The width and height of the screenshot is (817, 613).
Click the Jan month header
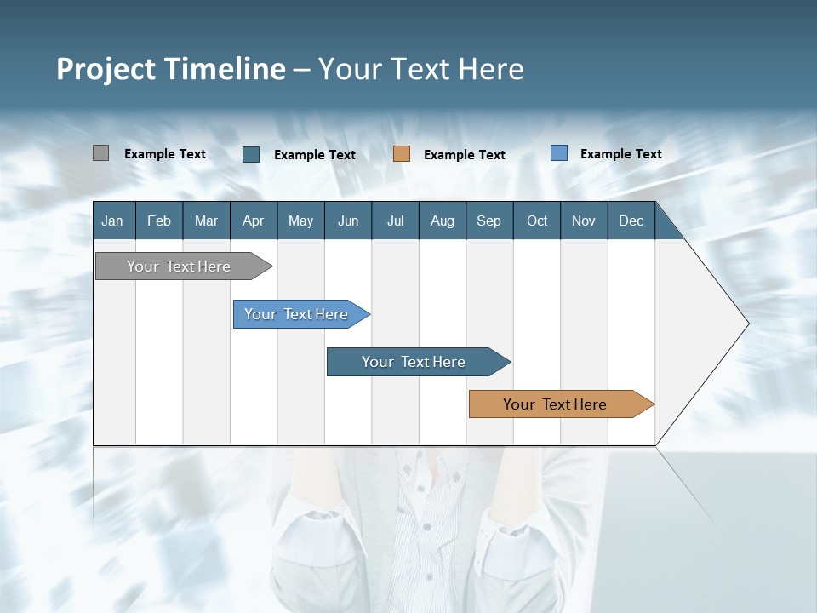pos(112,221)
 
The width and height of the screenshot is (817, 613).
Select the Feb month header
pos(159,221)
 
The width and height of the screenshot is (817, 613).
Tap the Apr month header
pos(254,221)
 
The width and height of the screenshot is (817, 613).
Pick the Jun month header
pos(348,221)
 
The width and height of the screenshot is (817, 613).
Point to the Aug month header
pos(443,221)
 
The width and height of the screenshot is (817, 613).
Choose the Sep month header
pos(489,221)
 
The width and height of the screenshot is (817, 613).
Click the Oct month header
pos(537,221)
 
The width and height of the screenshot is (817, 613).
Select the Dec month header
pos(631,221)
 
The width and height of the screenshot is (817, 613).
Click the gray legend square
pos(100,153)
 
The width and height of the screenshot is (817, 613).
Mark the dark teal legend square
pos(251,154)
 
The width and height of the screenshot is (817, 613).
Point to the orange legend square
pos(402,154)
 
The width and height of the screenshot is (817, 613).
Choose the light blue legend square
pos(559,153)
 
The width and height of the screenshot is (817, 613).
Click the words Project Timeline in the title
pos(171,69)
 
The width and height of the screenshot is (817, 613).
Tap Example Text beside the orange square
pos(465,155)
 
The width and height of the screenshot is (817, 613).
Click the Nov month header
pos(584,221)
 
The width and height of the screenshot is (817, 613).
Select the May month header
pos(300,221)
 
